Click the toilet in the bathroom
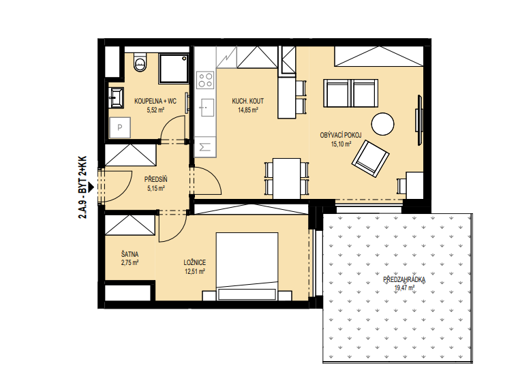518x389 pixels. [140, 62]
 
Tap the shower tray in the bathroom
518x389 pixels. [174, 69]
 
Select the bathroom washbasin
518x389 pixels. [117, 98]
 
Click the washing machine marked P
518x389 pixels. [119, 127]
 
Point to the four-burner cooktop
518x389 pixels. [205, 80]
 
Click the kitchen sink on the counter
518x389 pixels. [205, 108]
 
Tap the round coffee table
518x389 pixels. [382, 124]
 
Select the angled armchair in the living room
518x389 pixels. [370, 159]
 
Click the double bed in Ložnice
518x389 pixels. [247, 266]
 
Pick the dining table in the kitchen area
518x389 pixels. [287, 178]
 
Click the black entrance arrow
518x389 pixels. [91, 187]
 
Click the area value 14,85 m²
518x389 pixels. [248, 110]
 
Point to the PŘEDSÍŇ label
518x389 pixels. [156, 179]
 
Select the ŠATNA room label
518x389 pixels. [129, 254]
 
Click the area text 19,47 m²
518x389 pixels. [404, 287]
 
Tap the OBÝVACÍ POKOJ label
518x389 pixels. [341, 135]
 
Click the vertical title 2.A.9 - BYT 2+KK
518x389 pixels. [82, 187]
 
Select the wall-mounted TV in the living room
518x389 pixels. [420, 120]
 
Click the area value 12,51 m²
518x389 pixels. [195, 271]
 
